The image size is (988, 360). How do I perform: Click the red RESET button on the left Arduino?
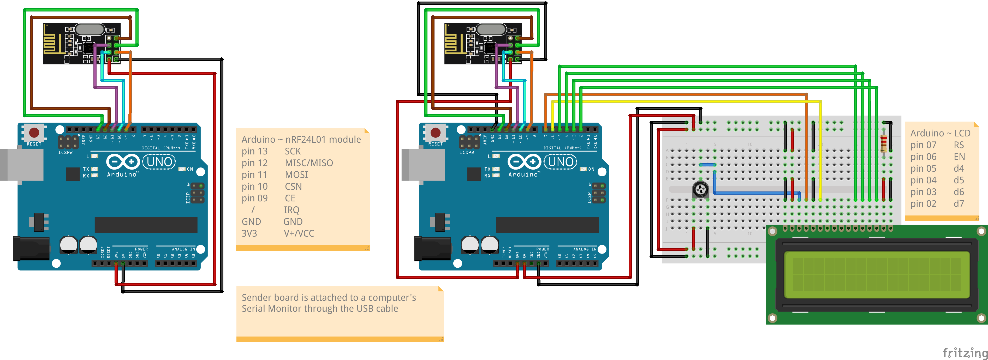tap(34, 133)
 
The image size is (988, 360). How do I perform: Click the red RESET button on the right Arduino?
tap(435, 133)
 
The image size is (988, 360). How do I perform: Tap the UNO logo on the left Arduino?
tap(159, 162)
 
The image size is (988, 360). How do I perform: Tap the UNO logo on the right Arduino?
tap(560, 162)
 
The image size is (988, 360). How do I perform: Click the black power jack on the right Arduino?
tap(432, 249)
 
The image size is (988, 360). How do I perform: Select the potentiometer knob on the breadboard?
tap(700, 189)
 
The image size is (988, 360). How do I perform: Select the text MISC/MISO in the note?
tap(309, 163)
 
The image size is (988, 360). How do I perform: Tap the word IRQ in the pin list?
tap(291, 210)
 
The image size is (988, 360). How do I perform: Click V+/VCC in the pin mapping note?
tap(299, 233)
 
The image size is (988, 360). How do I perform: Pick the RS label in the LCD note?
tap(959, 145)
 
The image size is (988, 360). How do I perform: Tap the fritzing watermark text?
tap(965, 352)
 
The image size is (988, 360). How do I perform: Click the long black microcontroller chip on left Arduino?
tap(146, 225)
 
